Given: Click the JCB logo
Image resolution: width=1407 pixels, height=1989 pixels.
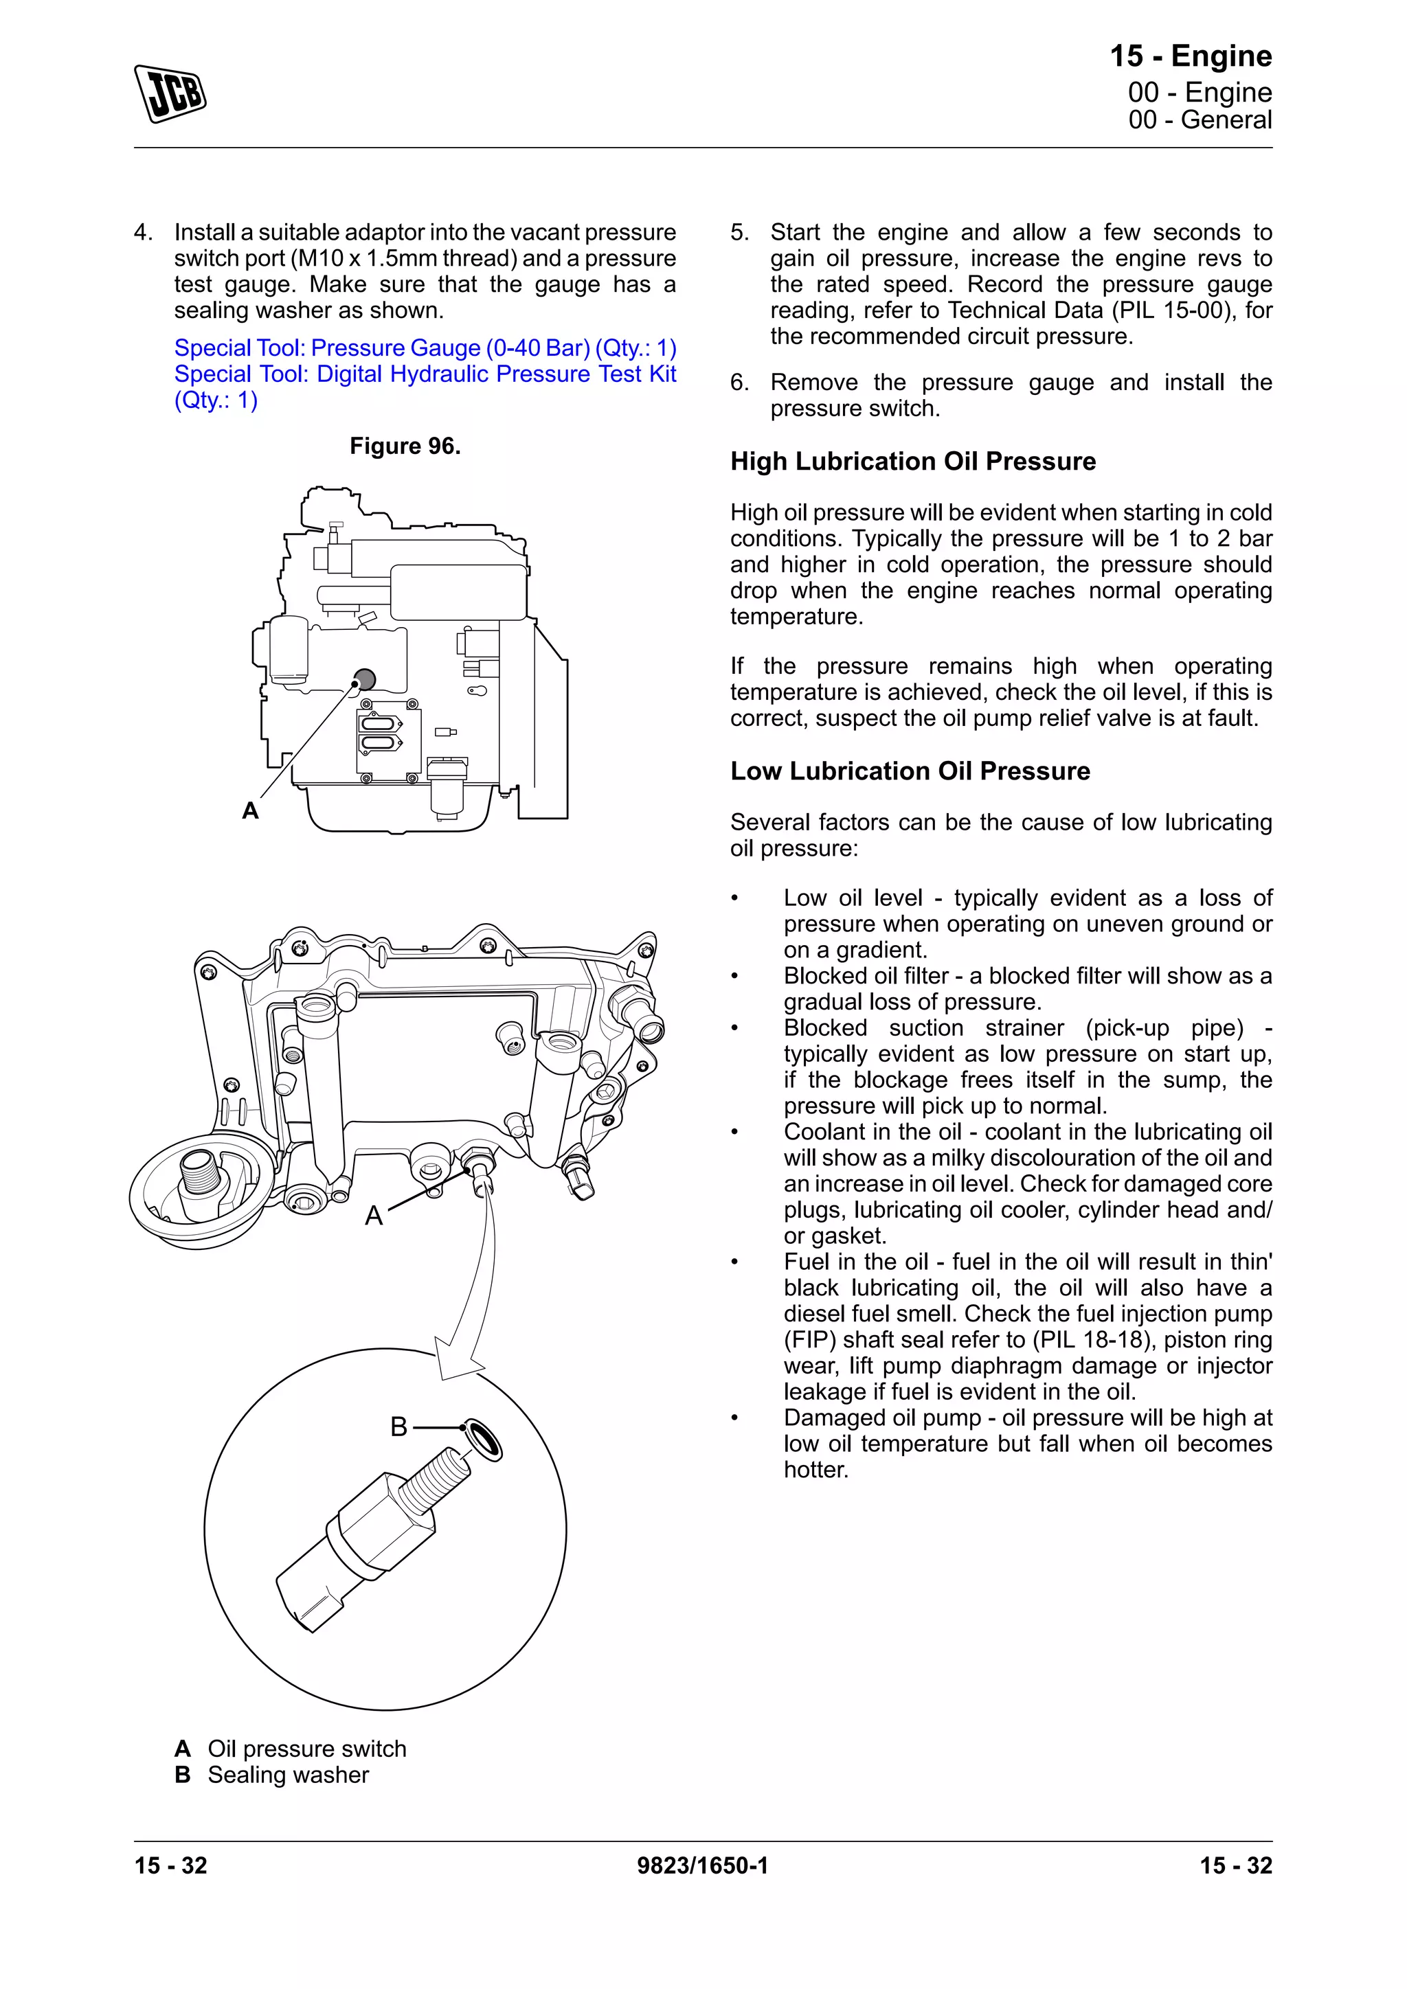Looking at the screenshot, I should [x=170, y=93].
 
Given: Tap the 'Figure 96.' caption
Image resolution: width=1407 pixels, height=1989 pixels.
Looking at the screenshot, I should [x=405, y=446].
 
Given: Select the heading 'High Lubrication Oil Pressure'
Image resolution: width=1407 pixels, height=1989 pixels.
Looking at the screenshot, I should [x=912, y=462].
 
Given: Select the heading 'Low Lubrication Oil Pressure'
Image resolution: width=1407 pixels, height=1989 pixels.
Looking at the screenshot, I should [x=910, y=771].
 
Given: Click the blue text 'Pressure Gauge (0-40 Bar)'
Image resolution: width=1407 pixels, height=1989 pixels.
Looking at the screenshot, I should [x=451, y=348].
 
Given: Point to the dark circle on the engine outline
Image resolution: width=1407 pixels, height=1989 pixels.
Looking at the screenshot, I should [x=365, y=679].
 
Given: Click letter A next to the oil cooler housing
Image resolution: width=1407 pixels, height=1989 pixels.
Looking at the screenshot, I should [x=374, y=1216].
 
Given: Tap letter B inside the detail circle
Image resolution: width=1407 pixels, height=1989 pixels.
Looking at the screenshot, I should [x=398, y=1427].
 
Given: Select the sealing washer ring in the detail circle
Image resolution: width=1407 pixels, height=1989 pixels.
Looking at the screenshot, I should [x=484, y=1440].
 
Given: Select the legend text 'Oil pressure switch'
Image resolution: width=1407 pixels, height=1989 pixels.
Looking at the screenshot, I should [x=306, y=1749].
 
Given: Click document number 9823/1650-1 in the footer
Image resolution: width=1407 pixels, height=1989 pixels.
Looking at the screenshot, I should [x=703, y=1866].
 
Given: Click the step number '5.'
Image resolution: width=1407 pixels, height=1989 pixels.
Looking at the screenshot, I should [x=739, y=233].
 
